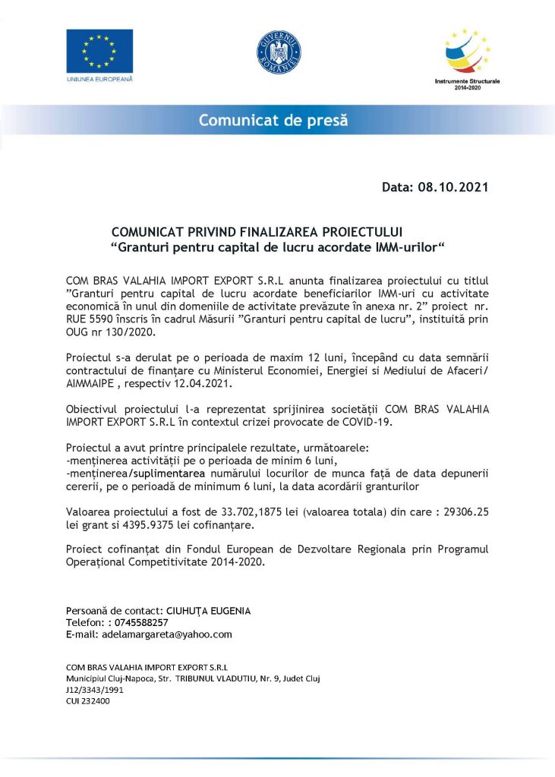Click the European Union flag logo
click(x=99, y=52)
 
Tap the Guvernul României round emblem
click(x=279, y=53)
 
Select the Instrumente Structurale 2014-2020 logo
click(x=466, y=58)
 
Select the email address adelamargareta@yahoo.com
click(x=163, y=634)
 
